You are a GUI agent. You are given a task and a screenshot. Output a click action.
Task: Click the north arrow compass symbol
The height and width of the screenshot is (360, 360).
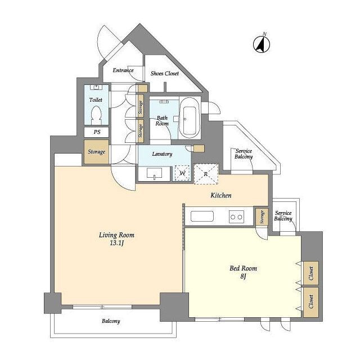point(262,43)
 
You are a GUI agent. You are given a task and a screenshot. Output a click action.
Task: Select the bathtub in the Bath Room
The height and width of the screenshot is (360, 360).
point(190,118)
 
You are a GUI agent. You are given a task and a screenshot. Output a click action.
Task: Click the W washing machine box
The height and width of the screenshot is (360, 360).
point(182,173)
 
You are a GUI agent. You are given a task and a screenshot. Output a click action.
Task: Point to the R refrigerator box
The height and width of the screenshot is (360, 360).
point(206,174)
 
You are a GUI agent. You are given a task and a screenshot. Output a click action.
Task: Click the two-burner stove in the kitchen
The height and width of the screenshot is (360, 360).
point(236,217)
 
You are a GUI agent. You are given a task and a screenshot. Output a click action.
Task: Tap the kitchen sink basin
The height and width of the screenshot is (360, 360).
point(202,216)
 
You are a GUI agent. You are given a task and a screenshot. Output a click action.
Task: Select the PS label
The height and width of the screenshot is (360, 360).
point(97,132)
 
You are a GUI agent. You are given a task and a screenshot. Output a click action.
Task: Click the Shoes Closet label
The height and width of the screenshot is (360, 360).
point(165,74)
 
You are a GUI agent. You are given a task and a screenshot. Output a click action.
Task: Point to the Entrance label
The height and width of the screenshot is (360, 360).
point(123,70)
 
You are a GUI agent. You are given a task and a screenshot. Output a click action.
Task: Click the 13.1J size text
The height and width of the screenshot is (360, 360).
point(117,243)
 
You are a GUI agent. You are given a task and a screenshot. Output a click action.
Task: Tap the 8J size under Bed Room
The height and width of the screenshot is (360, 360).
point(243,276)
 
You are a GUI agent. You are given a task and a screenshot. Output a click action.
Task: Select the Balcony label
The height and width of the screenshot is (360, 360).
point(111,321)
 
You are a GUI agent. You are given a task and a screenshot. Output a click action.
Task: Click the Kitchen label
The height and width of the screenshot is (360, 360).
point(221,195)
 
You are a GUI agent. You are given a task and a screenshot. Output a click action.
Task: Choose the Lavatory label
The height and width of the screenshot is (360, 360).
point(162,154)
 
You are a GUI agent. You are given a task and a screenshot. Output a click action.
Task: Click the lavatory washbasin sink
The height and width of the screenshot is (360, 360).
point(154,173)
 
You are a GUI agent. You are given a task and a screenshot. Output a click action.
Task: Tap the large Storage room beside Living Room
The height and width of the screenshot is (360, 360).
point(96,152)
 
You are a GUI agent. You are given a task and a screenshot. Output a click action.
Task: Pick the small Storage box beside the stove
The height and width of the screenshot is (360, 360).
point(262,217)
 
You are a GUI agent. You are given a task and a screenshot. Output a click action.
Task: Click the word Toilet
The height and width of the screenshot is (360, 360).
point(96,100)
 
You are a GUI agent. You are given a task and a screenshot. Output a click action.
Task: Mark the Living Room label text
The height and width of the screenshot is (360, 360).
point(116,235)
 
